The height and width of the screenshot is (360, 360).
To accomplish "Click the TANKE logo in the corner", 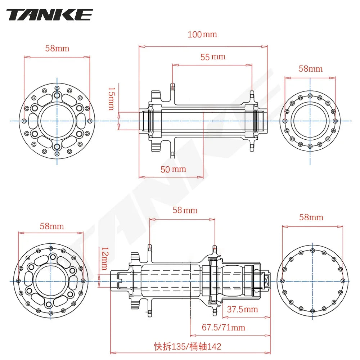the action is [x=50, y=15].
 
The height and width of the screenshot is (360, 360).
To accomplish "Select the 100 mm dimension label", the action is [x=202, y=35].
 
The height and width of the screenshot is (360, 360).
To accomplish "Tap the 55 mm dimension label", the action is [x=213, y=57].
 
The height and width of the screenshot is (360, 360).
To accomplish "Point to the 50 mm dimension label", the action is [x=173, y=169].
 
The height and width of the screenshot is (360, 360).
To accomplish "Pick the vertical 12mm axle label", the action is [x=104, y=258].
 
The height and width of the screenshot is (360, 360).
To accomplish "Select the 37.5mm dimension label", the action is [x=242, y=309].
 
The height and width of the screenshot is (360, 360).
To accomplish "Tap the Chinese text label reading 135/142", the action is [x=187, y=346].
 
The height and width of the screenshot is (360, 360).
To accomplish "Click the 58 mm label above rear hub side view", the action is [x=185, y=210].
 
